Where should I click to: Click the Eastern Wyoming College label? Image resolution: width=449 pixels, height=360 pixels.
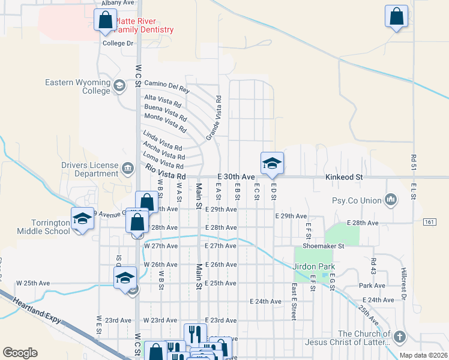[79, 86]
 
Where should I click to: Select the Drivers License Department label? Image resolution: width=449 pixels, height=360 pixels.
[89, 170]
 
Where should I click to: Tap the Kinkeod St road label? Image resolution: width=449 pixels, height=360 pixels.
[344, 178]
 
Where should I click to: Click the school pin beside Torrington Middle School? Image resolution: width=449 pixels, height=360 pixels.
[82, 219]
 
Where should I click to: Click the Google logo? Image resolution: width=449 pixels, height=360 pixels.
[20, 352]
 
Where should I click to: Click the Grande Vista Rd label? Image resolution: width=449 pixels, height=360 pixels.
[214, 118]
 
